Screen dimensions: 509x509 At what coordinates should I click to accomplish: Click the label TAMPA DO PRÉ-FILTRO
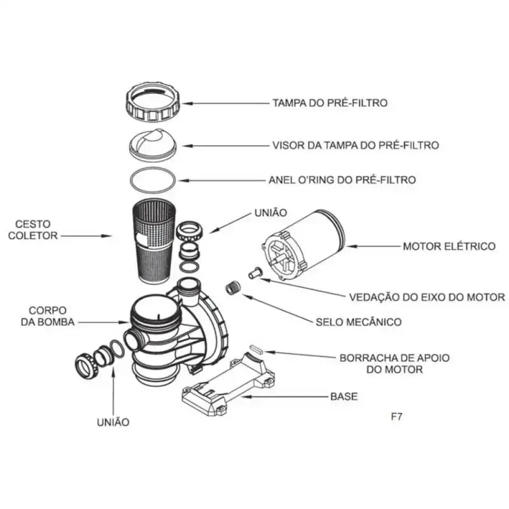[330, 103]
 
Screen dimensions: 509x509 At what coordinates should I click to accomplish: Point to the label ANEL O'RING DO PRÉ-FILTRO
[342, 180]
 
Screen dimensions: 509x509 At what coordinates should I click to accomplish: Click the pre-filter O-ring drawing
[130, 181]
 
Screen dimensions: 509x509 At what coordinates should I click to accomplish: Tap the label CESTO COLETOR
[33, 230]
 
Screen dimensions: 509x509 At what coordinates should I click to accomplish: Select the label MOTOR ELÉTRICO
[449, 246]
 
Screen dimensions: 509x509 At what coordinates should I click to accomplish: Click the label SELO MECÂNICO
[359, 322]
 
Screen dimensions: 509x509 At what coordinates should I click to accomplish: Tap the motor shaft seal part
[254, 272]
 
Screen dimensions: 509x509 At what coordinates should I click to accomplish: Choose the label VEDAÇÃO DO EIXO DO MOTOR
[427, 297]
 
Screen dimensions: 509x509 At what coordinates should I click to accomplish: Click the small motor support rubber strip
[256, 349]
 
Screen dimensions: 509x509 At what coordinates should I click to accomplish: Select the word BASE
[344, 396]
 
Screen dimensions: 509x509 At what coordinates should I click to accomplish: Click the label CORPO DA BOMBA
[48, 316]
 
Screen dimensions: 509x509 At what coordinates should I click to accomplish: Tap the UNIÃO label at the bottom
[113, 422]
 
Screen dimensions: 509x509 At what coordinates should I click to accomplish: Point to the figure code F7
[396, 417]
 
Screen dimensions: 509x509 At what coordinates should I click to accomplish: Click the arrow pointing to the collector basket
[87, 236]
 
